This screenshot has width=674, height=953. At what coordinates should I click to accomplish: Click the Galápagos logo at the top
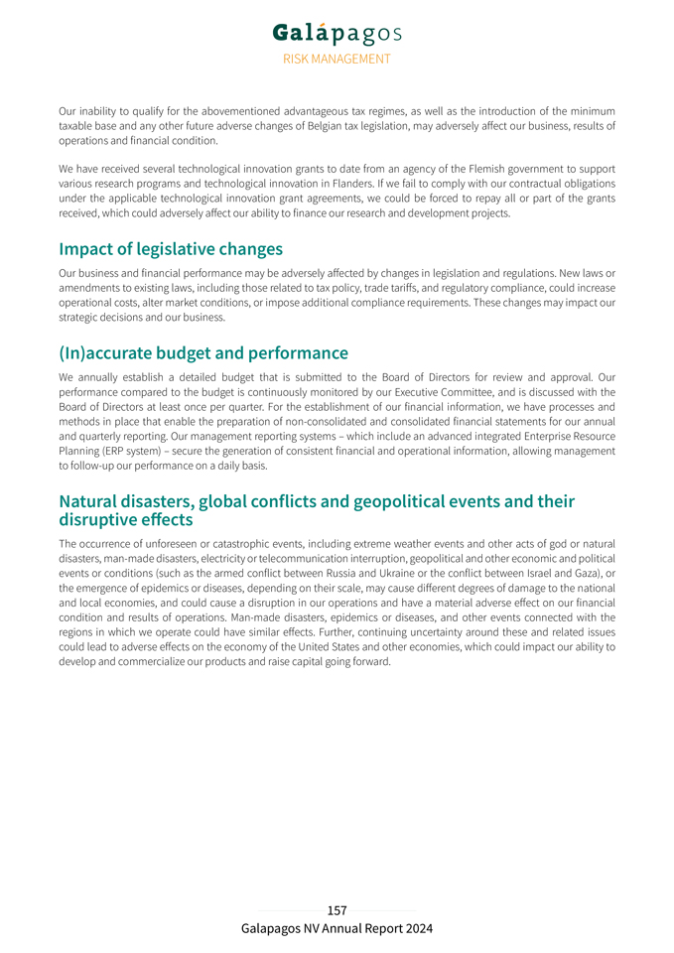pyautogui.click(x=337, y=34)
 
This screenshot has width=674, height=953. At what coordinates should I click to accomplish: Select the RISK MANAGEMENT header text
pyautogui.click(x=337, y=59)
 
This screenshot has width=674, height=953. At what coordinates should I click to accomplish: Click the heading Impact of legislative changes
pyautogui.click(x=171, y=248)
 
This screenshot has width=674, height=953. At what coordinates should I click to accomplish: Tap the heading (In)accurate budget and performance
pyautogui.click(x=203, y=352)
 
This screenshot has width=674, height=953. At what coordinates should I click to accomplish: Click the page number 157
pyautogui.click(x=337, y=910)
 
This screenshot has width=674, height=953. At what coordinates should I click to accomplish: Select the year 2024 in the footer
pyautogui.click(x=417, y=929)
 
